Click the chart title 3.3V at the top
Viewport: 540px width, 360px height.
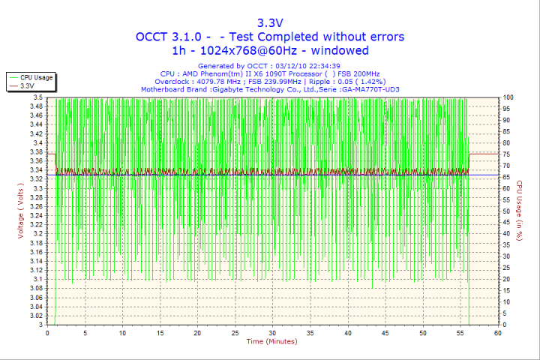(270, 22)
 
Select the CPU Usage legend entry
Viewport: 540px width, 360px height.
(36, 77)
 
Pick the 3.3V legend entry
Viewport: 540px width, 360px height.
(28, 86)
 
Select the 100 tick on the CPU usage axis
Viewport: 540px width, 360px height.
(508, 97)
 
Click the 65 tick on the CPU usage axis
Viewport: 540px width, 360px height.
(507, 177)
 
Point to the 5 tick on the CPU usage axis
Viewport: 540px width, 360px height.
(505, 313)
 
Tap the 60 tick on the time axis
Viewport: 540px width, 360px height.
(497, 332)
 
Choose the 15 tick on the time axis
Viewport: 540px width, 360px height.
(160, 332)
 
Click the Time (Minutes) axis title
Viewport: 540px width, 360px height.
(272, 342)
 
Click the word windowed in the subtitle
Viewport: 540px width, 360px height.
(338, 50)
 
